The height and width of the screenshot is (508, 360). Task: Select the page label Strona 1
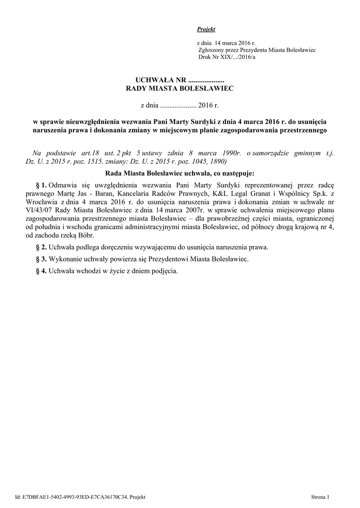tap(320, 497)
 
